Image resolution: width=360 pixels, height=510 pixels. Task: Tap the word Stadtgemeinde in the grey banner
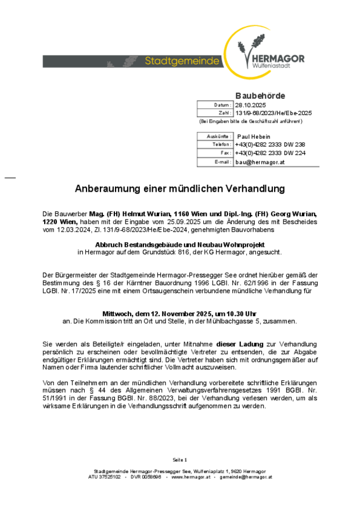coord(182,61)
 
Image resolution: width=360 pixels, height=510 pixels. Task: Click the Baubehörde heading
coord(260,95)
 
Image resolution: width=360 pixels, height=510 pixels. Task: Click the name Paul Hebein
coord(254,136)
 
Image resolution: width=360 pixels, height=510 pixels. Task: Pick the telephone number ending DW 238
coord(270,144)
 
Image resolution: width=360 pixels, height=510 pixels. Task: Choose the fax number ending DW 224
coord(270,153)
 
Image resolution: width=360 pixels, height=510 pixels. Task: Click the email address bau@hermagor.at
coord(260,162)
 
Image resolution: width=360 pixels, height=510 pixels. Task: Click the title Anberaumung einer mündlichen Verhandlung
coord(180,189)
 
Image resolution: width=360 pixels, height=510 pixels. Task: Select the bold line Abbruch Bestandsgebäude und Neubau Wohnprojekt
coord(180,245)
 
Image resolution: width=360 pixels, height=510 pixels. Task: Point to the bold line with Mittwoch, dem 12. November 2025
coord(180,313)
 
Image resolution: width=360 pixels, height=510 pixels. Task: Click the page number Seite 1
coord(180,459)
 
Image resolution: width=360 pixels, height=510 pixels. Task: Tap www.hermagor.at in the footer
coord(190,477)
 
